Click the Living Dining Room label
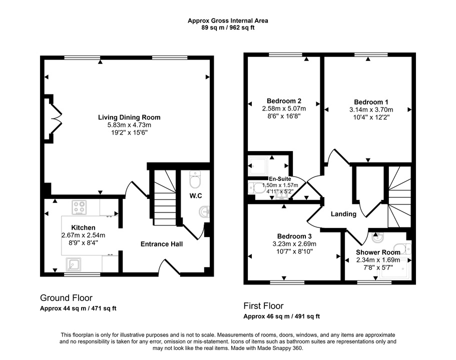click(x=129, y=117)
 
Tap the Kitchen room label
click(x=83, y=227)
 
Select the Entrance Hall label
click(x=161, y=244)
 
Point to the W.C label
click(x=195, y=195)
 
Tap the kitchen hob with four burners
click(x=80, y=207)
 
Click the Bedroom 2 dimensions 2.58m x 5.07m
click(x=283, y=108)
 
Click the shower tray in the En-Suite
click(x=259, y=164)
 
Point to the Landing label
click(x=343, y=214)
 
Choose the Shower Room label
click(x=377, y=252)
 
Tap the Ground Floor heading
click(x=66, y=298)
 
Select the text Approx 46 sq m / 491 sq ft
click(x=281, y=316)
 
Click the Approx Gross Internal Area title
click(x=228, y=20)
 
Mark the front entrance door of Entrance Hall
click(x=170, y=268)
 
